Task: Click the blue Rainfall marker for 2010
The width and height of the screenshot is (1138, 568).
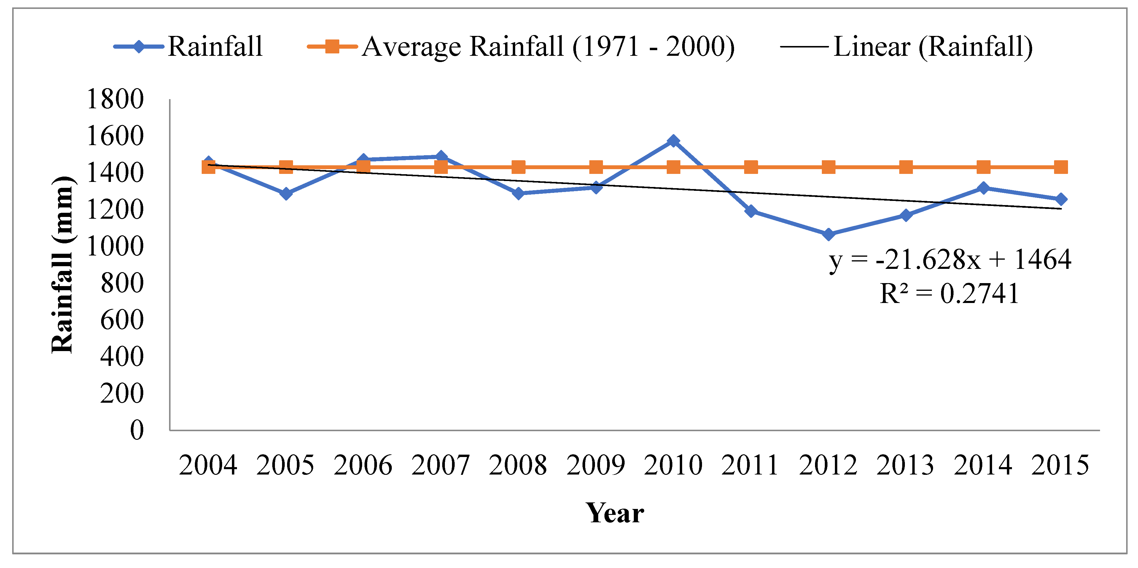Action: tap(673, 141)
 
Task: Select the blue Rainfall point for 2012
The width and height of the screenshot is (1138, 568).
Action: tap(829, 234)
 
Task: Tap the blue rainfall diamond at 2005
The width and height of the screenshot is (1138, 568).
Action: tap(286, 193)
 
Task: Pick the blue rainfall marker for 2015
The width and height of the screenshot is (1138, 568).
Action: tap(1061, 199)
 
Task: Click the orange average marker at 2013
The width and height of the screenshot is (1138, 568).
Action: tap(906, 167)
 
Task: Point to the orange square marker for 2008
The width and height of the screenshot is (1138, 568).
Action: tap(518, 167)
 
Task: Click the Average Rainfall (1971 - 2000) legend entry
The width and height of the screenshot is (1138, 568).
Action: tap(521, 46)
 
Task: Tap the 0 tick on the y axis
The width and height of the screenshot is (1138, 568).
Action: tap(137, 430)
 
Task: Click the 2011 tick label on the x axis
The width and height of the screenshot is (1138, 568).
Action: tap(750, 465)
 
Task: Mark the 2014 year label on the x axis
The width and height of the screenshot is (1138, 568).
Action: tap(983, 465)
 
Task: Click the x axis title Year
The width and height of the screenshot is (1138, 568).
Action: tap(615, 513)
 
